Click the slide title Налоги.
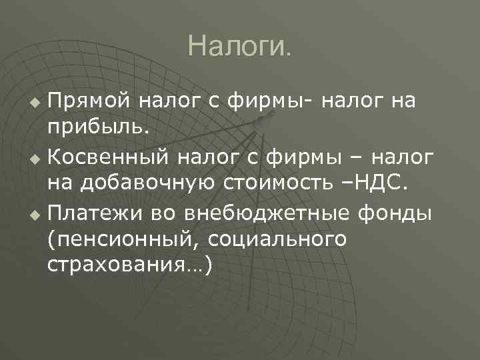(x=239, y=47)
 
